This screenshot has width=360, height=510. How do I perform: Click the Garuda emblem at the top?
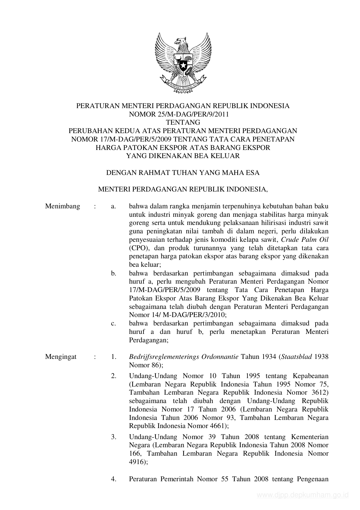(x=183, y=62)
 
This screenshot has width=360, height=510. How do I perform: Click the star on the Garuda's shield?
(x=183, y=66)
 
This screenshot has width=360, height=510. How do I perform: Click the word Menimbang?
(x=62, y=206)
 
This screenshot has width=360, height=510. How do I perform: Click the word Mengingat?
(x=61, y=357)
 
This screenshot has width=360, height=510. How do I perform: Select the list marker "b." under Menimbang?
(x=114, y=273)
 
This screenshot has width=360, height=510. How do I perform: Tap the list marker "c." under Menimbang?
(x=114, y=323)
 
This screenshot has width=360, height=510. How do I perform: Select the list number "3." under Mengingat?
(x=114, y=437)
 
